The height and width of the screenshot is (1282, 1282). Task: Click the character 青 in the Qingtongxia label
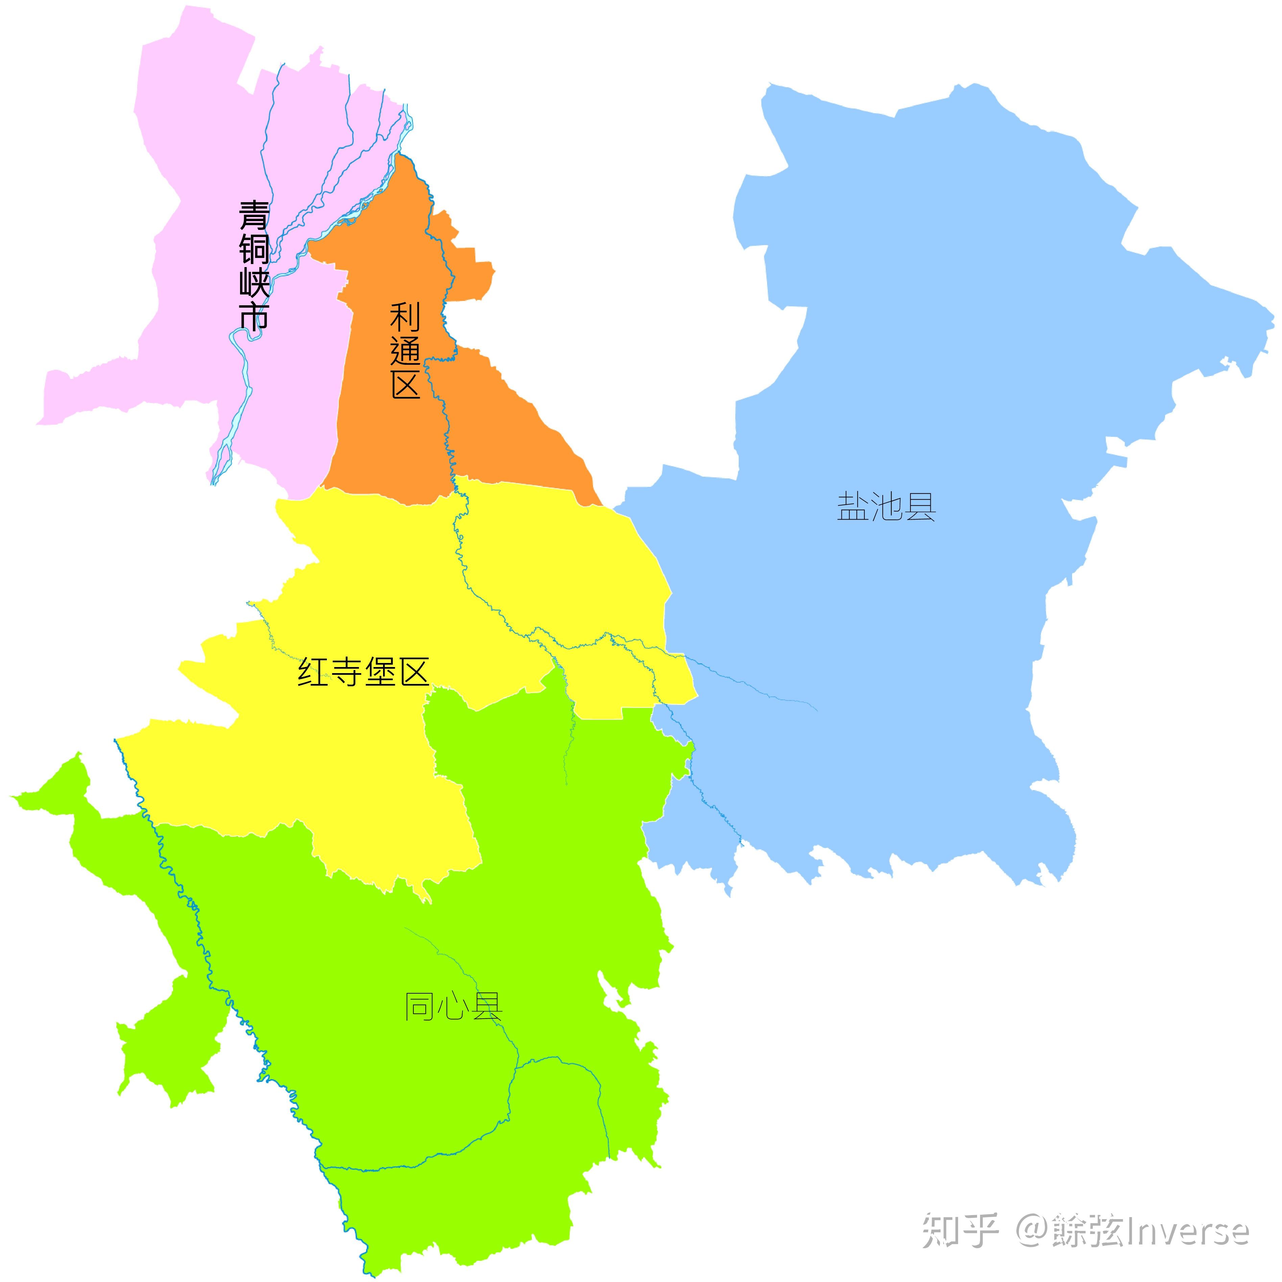click(x=254, y=216)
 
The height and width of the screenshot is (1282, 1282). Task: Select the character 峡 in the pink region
click(x=254, y=282)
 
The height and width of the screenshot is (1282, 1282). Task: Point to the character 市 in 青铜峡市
click(x=254, y=315)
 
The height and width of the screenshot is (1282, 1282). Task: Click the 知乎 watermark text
click(x=960, y=1231)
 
